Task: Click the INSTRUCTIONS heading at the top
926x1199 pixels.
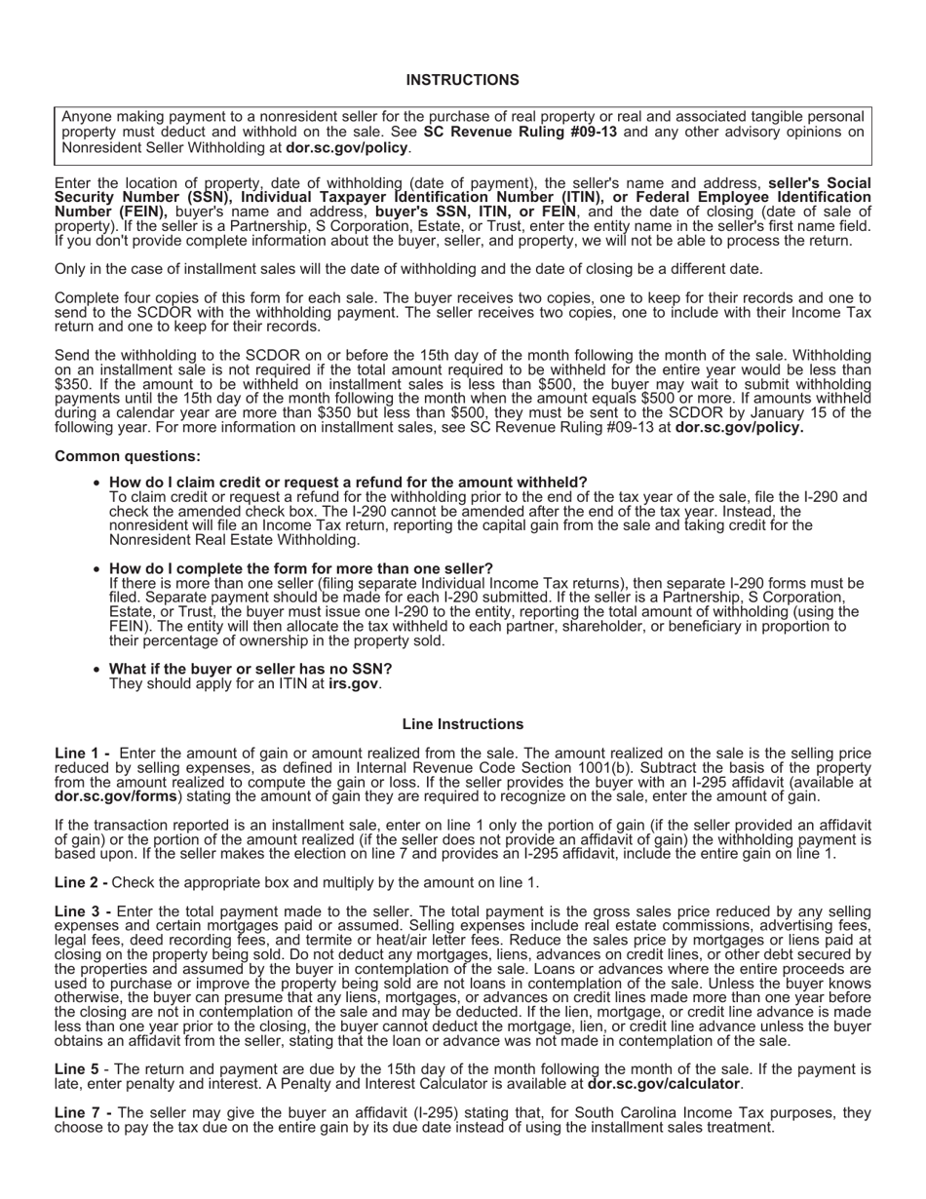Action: [x=462, y=80]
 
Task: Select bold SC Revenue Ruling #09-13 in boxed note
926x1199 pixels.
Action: [x=521, y=132]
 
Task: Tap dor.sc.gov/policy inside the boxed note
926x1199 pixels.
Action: [x=347, y=148]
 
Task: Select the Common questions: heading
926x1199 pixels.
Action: [x=128, y=456]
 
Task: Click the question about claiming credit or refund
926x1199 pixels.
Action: [x=348, y=482]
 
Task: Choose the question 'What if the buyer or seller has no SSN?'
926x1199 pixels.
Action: [x=251, y=669]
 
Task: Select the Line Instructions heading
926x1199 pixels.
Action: [x=462, y=724]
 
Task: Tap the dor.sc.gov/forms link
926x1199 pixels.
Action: [x=116, y=796]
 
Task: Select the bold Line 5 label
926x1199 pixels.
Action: [x=78, y=1069]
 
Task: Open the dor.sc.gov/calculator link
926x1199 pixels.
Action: [x=663, y=1084]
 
